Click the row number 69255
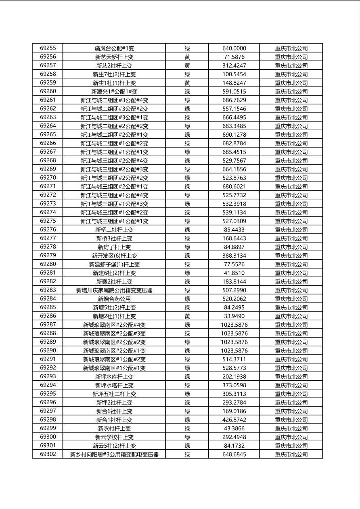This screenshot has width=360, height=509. (x=48, y=48)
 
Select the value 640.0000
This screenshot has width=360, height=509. (x=234, y=48)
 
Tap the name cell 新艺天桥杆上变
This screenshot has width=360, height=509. (x=114, y=57)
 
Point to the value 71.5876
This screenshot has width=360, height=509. (x=234, y=57)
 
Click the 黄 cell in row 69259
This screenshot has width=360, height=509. (x=187, y=83)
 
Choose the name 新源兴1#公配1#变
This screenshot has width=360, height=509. (x=114, y=92)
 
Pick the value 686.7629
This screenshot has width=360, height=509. (x=234, y=100)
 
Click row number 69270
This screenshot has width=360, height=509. (x=48, y=177)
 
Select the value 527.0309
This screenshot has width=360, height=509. (x=234, y=221)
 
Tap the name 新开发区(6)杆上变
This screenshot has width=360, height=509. (x=114, y=256)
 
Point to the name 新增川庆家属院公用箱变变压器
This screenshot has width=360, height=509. (x=114, y=290)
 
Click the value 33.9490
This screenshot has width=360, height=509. (x=234, y=316)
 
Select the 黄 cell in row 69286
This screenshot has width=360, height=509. (x=187, y=316)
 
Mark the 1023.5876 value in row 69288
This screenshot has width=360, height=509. (x=234, y=333)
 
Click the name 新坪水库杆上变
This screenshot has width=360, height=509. (x=114, y=377)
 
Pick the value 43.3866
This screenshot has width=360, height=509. (x=234, y=428)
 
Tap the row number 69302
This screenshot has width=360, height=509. (x=48, y=454)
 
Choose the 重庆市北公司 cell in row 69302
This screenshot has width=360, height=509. (x=291, y=455)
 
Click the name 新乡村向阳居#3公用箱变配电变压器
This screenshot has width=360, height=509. (x=114, y=455)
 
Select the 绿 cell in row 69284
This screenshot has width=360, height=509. (x=187, y=299)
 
